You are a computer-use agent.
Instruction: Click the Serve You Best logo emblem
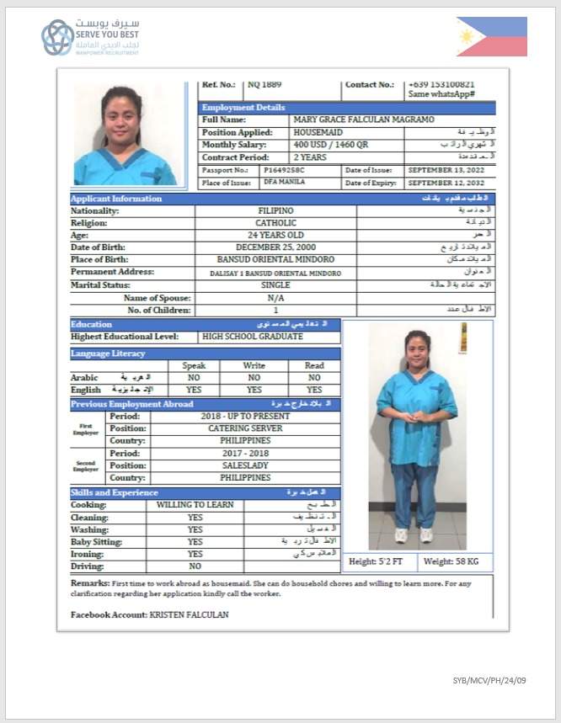click(57, 38)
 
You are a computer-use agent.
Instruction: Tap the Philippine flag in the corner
click(492, 37)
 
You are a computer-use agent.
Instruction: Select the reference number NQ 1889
click(264, 84)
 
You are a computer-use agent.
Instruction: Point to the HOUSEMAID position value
click(318, 133)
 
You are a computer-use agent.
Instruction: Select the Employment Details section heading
click(243, 108)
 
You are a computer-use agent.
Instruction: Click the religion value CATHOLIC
click(275, 223)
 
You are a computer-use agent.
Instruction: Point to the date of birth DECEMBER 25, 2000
click(275, 247)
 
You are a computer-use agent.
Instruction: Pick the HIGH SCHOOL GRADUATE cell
click(253, 337)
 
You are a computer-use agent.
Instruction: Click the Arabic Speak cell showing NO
click(195, 378)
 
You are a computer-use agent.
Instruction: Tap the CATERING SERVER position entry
click(245, 428)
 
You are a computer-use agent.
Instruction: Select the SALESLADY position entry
click(245, 465)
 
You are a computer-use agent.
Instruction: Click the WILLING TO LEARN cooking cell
click(195, 505)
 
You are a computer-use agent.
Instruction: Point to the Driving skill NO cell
click(195, 566)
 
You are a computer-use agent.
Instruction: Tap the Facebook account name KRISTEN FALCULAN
click(189, 615)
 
